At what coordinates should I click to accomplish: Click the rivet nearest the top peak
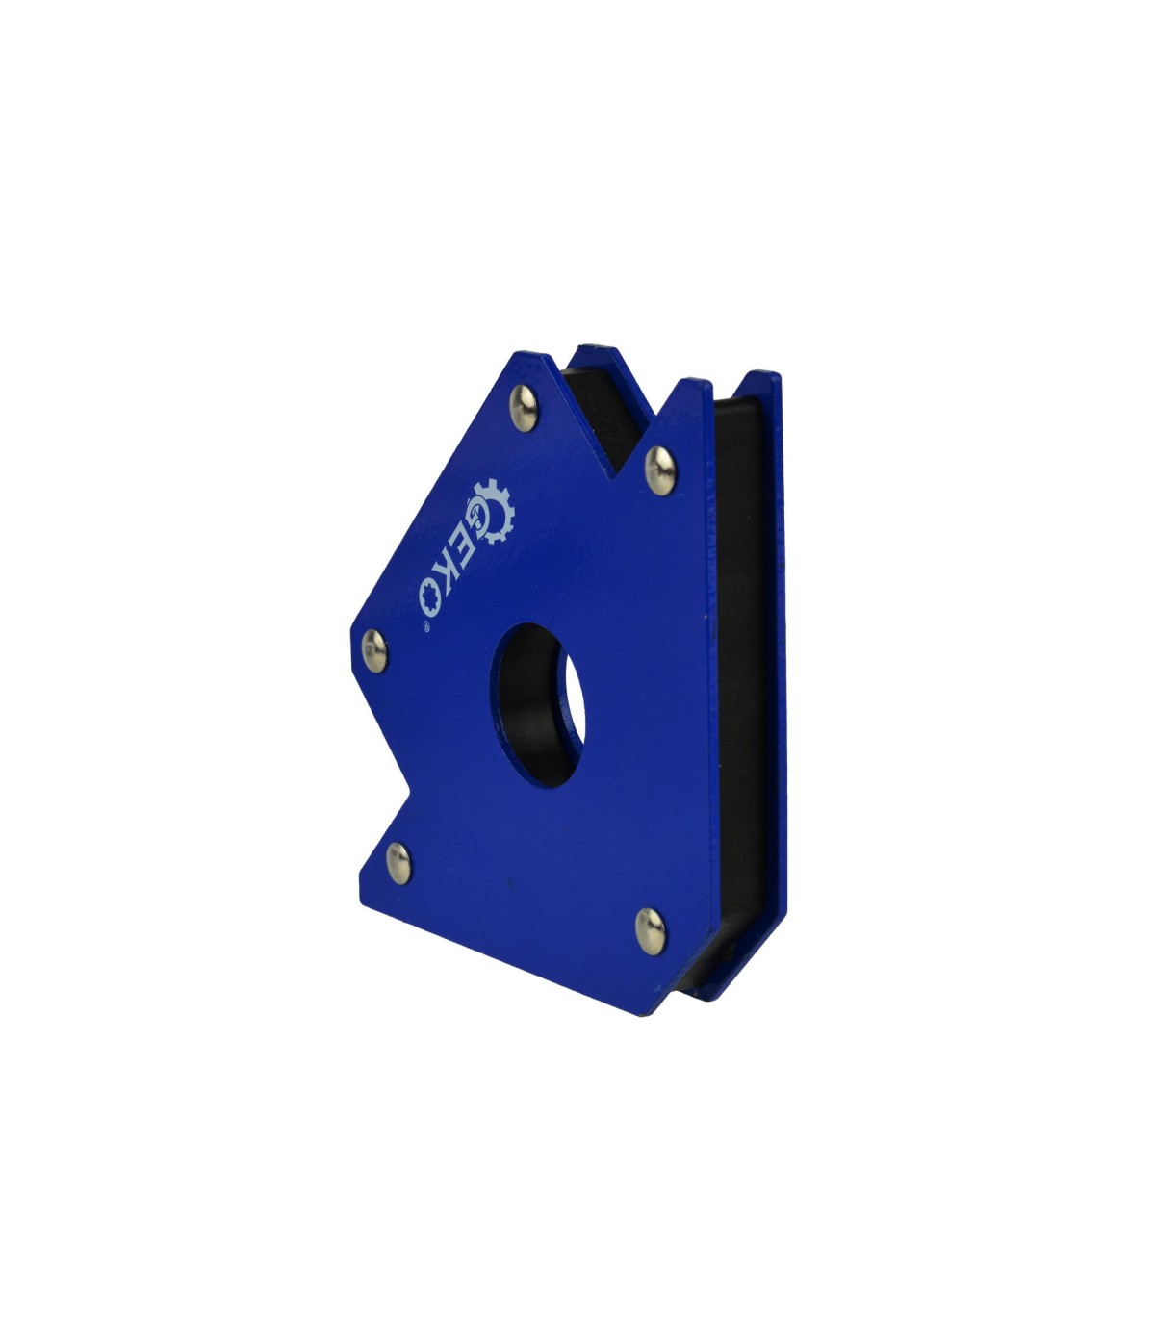pos(524,408)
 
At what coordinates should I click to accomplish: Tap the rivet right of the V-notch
pos(659,471)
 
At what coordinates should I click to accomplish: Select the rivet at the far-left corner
pos(374,651)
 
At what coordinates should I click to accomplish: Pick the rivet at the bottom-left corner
pos(398,864)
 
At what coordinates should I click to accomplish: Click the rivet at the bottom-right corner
pos(650,931)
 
